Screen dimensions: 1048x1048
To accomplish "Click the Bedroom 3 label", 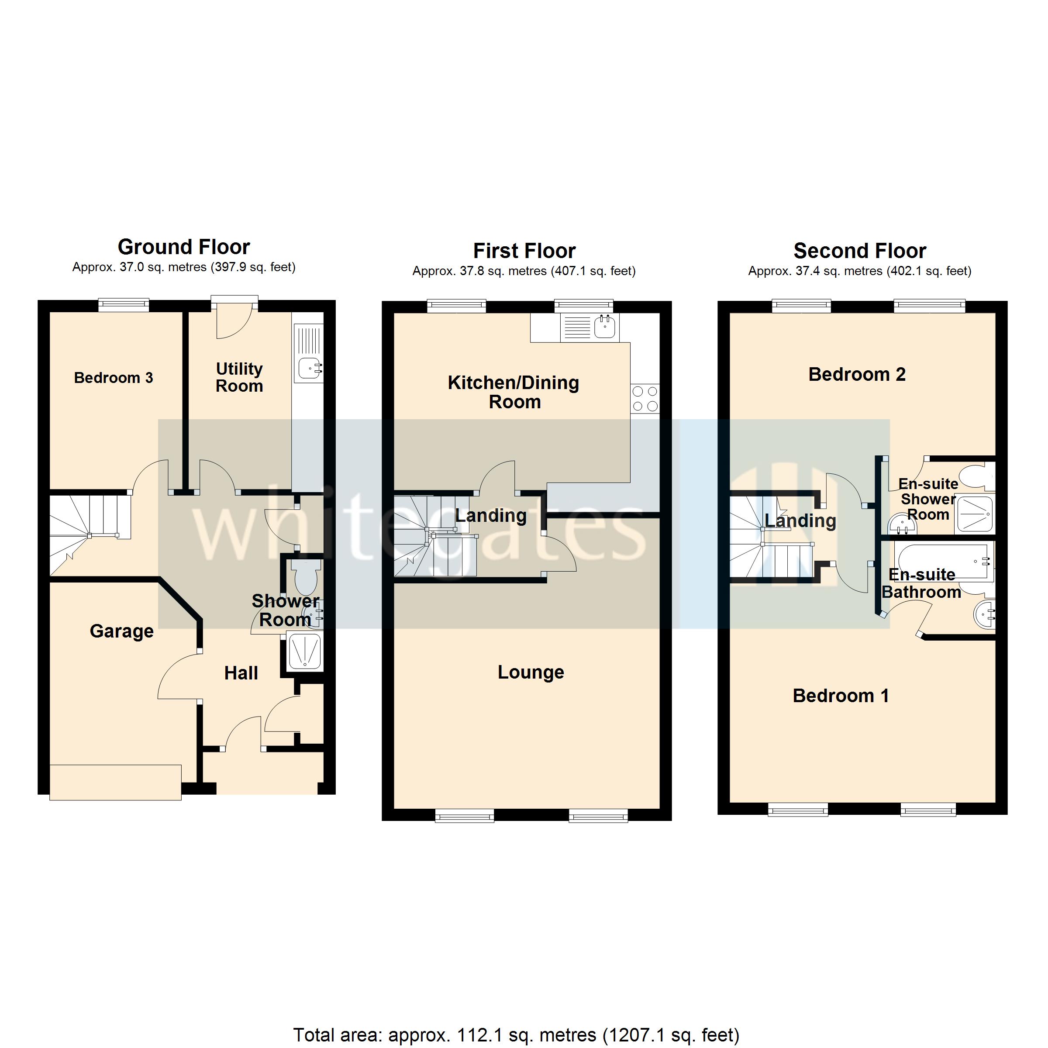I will point(114,378).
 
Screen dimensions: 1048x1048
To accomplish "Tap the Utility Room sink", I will point(310,368).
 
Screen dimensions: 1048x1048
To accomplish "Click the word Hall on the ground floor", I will point(241,673).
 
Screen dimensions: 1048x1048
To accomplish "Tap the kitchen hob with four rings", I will point(645,399).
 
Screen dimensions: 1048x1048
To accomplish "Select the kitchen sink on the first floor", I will point(604,327).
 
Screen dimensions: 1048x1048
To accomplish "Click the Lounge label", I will point(531,672).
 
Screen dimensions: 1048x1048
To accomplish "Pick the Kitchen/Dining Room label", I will point(514,392).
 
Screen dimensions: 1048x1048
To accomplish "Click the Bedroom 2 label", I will point(856,374).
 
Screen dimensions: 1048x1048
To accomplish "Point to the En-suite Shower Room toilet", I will point(981,477).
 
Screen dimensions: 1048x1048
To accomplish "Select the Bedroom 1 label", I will point(841,696).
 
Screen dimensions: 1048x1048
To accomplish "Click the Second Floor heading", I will point(859,251).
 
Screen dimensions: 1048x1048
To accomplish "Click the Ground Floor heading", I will point(183,247).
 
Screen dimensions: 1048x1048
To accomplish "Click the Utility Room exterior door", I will point(234,320).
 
